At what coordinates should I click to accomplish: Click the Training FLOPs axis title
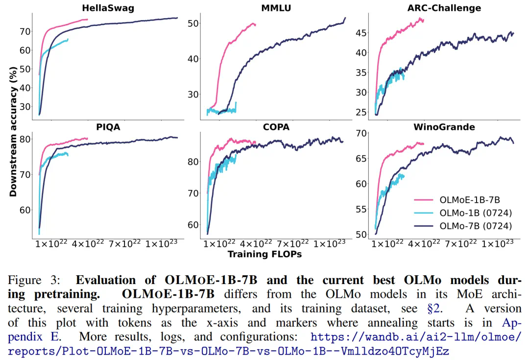coord(264,254)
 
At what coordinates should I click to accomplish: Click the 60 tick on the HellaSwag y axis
coord(24,50)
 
